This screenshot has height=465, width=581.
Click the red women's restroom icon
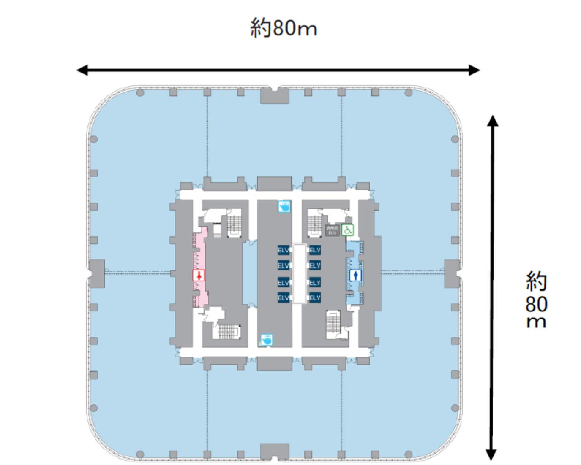pos(199,276)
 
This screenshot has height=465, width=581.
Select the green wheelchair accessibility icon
pos(348,230)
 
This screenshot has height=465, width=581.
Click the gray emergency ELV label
pos(332,230)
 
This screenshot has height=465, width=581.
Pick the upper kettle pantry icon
pos(284,206)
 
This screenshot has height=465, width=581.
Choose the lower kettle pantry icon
pos(266,339)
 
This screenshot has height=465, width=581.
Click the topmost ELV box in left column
pos(283,250)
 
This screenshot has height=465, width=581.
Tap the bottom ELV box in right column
pos(315,298)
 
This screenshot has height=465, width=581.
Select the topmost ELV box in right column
pos(315,250)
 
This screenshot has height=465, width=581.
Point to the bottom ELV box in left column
pos(283,298)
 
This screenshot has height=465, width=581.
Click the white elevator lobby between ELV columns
pos(299,273)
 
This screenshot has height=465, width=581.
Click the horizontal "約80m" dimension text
pos(284,28)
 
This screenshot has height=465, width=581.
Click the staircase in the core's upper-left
pos(234,224)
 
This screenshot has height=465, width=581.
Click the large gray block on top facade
pos(275,96)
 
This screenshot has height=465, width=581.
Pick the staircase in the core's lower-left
pos(229,332)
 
